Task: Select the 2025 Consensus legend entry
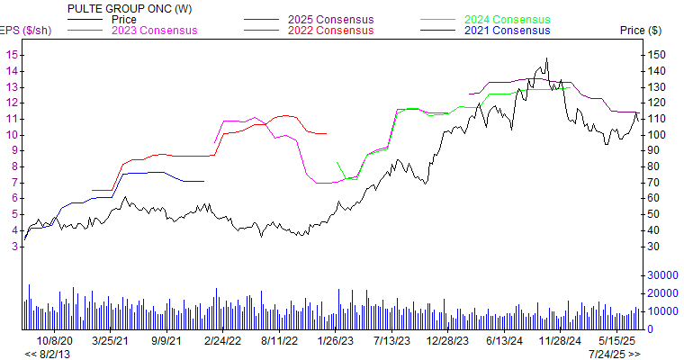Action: [x=326, y=19]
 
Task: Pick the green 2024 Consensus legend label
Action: [x=508, y=19]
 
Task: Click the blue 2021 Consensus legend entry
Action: [x=508, y=31]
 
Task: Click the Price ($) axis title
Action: [x=640, y=31]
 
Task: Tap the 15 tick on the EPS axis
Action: [x=12, y=55]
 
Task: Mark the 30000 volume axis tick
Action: [x=661, y=274]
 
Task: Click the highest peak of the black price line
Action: [x=545, y=59]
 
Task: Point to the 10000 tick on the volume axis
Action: [x=661, y=311]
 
